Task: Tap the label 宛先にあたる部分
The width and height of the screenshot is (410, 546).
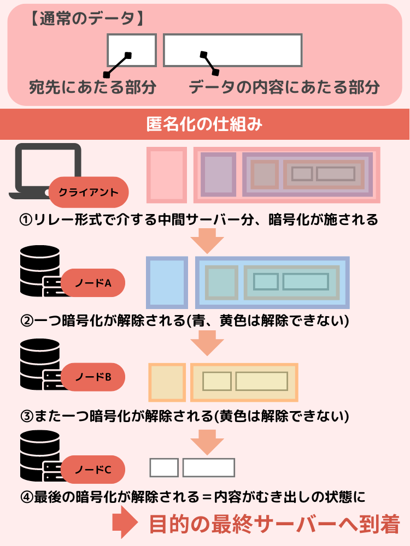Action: [92, 87]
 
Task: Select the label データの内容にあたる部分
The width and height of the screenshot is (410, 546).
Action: [284, 87]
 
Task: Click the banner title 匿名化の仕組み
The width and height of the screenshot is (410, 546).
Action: [205, 125]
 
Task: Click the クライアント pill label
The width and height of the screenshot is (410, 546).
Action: [89, 192]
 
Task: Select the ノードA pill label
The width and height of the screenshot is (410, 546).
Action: [93, 283]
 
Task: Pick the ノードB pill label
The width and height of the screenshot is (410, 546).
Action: [93, 377]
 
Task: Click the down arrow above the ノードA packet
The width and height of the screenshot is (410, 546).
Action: [207, 240]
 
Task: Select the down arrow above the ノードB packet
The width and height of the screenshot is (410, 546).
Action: [207, 342]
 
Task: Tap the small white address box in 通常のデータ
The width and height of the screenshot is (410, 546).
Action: [131, 50]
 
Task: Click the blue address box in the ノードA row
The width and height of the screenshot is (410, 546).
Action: [167, 282]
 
